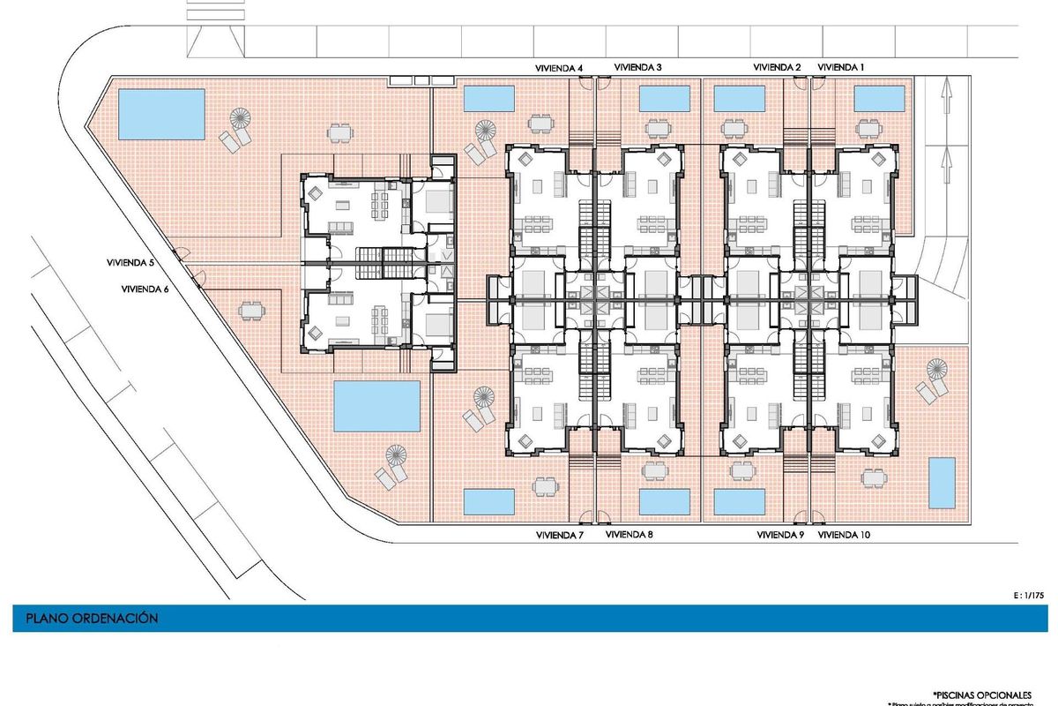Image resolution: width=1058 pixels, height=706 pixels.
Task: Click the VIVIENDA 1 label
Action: point(842,67)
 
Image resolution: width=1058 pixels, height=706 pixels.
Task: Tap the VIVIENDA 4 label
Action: point(560,67)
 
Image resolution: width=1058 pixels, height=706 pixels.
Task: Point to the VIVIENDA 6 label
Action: point(145,289)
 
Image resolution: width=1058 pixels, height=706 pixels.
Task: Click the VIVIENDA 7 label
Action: point(560,535)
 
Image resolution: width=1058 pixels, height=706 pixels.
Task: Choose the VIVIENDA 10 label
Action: point(845,535)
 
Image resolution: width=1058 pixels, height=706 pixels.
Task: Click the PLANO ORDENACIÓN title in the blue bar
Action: point(93,619)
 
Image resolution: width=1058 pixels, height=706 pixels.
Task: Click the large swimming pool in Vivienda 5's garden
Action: point(161,112)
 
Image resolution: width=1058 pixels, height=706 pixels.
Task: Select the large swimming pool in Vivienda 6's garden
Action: point(378,406)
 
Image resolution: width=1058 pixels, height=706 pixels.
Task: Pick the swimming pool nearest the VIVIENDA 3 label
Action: point(664,98)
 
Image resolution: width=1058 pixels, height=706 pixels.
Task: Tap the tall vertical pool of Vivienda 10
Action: point(942,483)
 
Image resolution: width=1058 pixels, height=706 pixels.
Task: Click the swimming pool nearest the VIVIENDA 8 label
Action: point(664,501)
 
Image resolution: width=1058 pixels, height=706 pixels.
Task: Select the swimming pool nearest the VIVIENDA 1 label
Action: point(878,98)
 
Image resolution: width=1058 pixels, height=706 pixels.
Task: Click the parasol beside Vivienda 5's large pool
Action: point(240,116)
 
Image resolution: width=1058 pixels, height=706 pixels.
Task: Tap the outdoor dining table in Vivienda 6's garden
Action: point(251,311)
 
